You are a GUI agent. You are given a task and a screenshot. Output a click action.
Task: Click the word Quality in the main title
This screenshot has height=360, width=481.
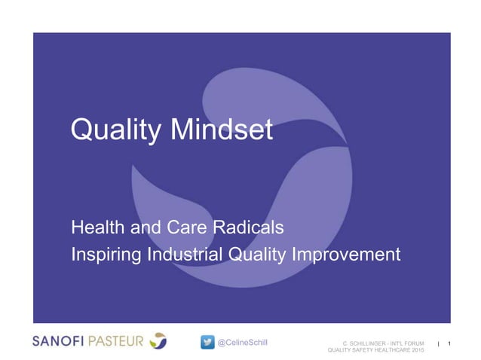tap(112, 132)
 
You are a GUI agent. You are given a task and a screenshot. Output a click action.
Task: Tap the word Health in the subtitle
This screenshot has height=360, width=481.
tap(97, 226)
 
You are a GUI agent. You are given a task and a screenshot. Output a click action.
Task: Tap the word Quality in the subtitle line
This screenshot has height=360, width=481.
tap(256, 255)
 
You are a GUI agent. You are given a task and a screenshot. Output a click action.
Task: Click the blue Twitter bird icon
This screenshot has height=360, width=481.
tap(208, 343)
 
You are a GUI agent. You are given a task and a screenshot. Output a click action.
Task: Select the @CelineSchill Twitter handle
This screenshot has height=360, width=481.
tap(242, 343)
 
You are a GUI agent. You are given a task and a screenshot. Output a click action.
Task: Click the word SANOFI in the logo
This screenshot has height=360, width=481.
tap(60, 341)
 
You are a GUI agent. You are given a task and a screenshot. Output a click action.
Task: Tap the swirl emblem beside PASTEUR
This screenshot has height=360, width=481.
tap(158, 341)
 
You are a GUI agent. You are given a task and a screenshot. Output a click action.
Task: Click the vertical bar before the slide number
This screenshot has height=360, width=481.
tap(438, 345)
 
